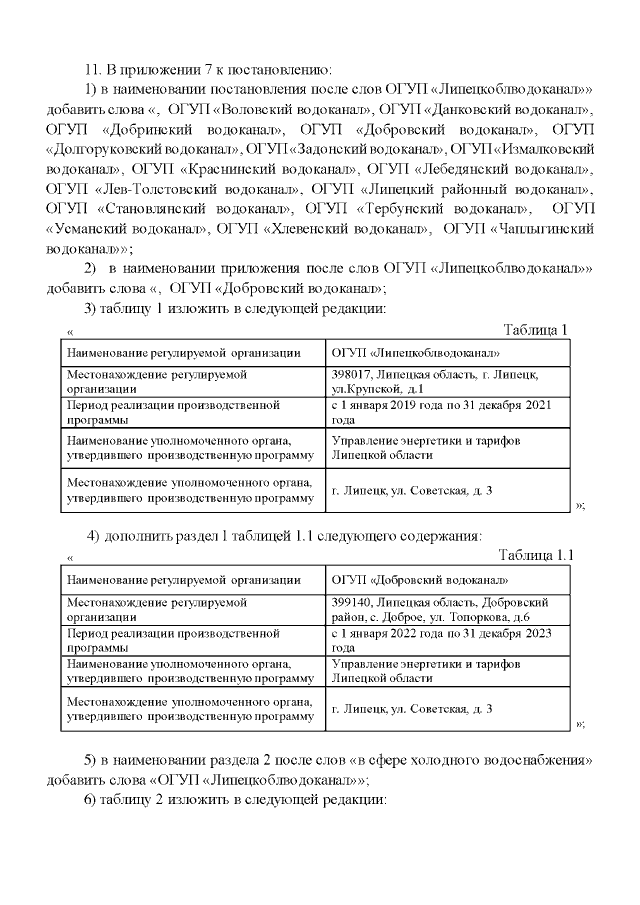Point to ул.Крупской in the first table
[x=367, y=388]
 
